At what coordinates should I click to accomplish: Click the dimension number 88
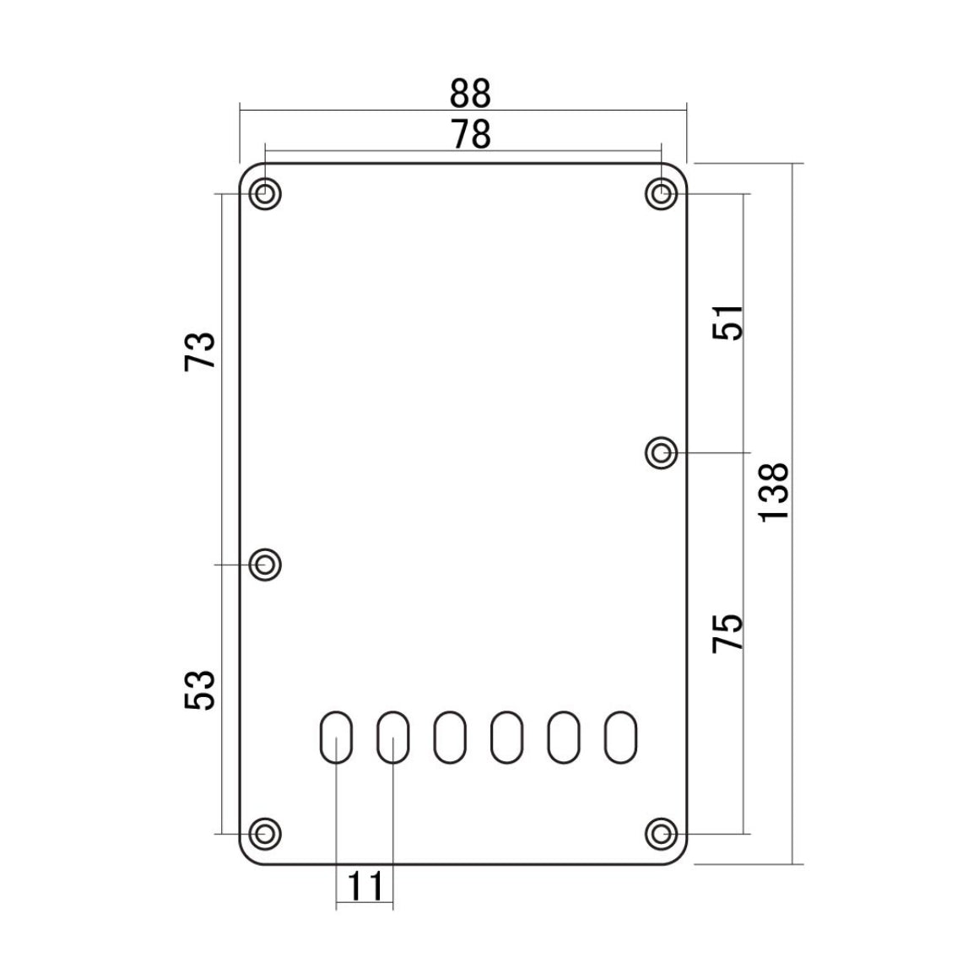click(470, 94)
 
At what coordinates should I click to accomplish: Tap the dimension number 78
click(471, 135)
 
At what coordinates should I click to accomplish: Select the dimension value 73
click(200, 352)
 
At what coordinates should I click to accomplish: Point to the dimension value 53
click(200, 690)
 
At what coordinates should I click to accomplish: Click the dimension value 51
click(728, 322)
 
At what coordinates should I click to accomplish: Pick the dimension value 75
click(728, 633)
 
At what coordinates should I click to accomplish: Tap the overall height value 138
click(773, 491)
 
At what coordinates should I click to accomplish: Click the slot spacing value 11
click(365, 886)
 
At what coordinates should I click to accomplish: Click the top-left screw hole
click(265, 193)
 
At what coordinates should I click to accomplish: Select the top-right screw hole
click(661, 193)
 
